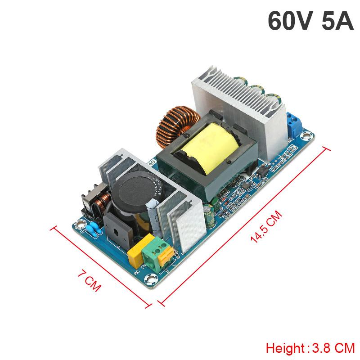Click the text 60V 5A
click(310, 21)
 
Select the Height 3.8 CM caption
click(310, 348)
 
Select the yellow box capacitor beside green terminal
click(135, 256)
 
